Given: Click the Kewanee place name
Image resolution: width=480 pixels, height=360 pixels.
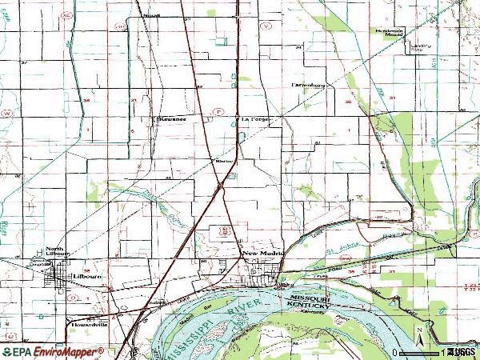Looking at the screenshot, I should (172, 119).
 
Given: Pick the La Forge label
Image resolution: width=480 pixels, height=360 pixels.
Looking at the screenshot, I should (257, 119).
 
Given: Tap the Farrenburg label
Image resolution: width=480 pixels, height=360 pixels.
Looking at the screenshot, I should (307, 84).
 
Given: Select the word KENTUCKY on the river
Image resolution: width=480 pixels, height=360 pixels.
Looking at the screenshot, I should (309, 305).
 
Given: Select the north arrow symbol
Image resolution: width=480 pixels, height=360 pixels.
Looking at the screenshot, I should (418, 331).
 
